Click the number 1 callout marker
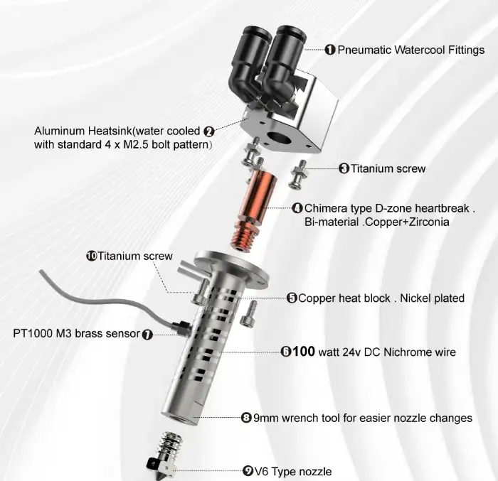(330, 50)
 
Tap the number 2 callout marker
(208, 131)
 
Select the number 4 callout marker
(297, 208)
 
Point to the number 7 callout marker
(147, 335)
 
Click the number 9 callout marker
(248, 471)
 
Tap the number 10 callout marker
(92, 256)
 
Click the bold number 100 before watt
(304, 352)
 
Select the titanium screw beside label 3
(297, 175)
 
